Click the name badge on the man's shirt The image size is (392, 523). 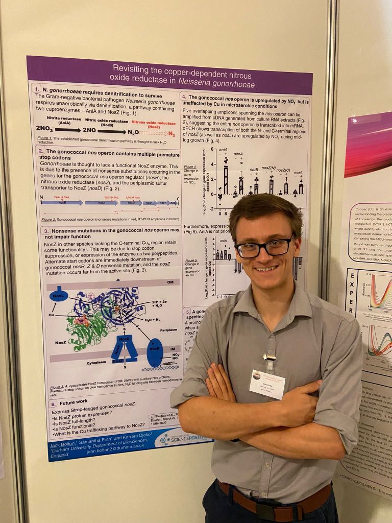(266, 383)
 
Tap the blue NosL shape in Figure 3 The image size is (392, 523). (58, 296)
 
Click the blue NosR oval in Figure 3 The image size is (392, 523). (155, 352)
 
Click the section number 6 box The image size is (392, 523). (53, 403)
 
